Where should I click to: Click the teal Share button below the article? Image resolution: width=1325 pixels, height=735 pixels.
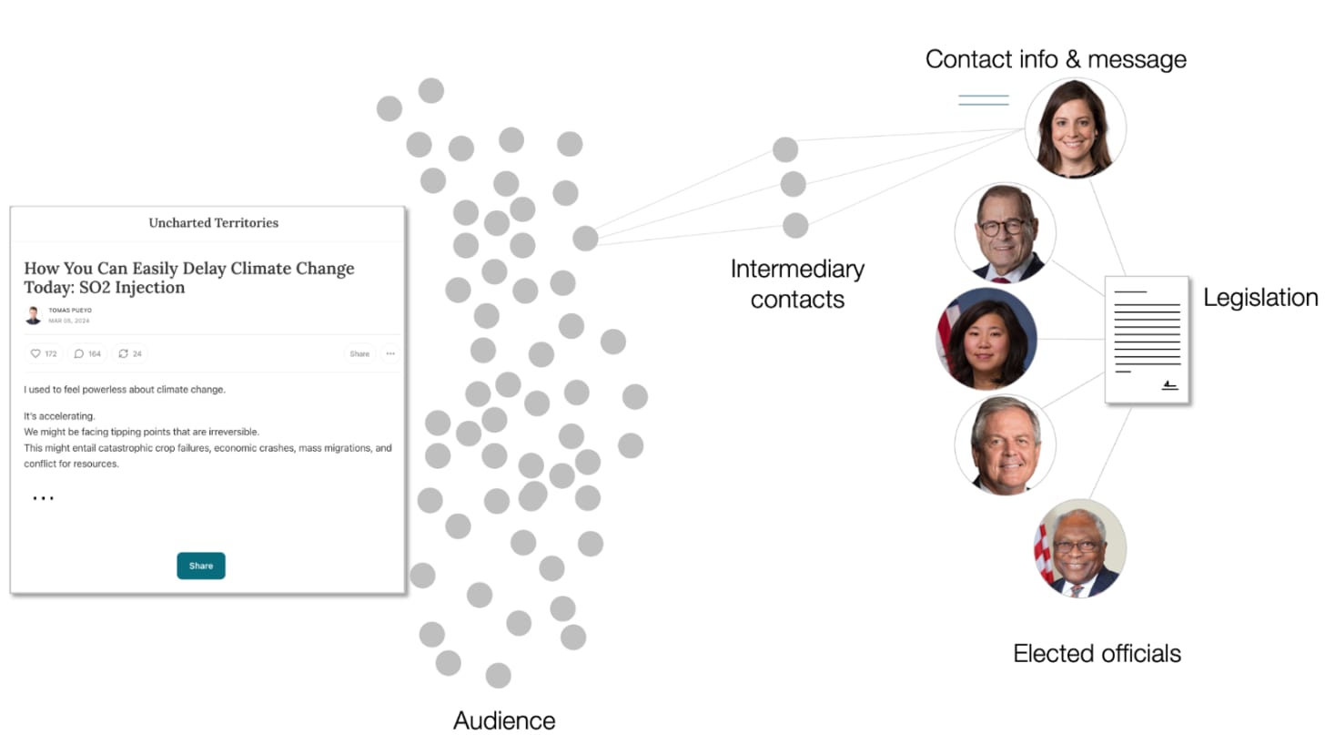click(x=201, y=566)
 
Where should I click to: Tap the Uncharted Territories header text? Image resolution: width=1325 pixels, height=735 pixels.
click(x=214, y=222)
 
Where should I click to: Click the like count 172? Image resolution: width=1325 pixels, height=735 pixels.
click(x=44, y=353)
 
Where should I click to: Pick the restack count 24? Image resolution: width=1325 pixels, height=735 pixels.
click(x=130, y=353)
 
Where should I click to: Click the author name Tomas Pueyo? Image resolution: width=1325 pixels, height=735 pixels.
click(x=70, y=311)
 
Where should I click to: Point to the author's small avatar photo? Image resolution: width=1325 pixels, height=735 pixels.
click(x=33, y=315)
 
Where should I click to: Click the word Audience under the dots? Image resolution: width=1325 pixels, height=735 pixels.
click(x=504, y=720)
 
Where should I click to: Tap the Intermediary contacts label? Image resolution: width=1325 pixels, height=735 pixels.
click(x=797, y=283)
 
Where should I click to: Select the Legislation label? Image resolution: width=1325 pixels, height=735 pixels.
click(x=1260, y=297)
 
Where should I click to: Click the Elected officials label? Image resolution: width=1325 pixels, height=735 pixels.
click(x=1097, y=653)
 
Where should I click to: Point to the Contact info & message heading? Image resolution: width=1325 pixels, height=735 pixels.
click(x=1056, y=59)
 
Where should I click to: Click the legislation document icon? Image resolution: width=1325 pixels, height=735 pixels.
click(x=1147, y=339)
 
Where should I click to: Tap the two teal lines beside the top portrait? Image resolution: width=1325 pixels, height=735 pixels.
click(x=984, y=100)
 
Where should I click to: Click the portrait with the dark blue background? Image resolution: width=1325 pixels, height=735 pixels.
click(x=987, y=339)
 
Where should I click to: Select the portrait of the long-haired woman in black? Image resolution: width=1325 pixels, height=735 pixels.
click(x=1076, y=128)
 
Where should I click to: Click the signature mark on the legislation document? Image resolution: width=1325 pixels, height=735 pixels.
click(x=1169, y=386)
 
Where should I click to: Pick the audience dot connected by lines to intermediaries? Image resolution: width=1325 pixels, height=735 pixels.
click(x=585, y=239)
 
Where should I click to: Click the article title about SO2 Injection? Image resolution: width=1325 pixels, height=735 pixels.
click(x=189, y=278)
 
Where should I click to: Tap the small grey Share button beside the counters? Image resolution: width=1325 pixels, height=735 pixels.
click(x=359, y=353)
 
